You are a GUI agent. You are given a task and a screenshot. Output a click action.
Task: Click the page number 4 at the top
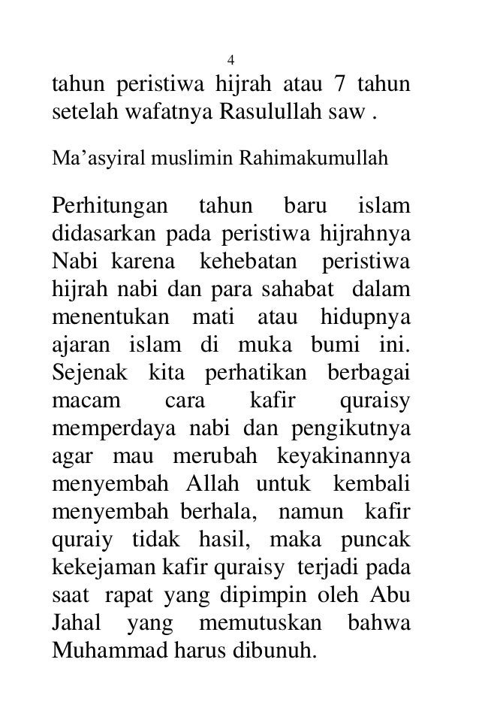(232, 60)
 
